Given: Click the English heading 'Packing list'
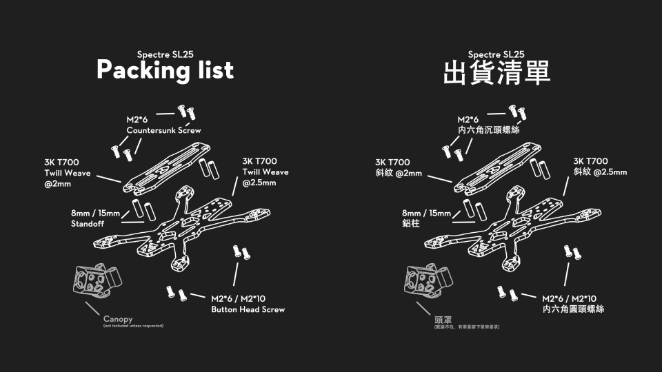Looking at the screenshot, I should coord(165,70).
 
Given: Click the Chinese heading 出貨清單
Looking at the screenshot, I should coord(496,72).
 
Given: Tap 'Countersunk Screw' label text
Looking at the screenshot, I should coord(164,131).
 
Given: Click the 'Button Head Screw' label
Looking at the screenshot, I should coord(248,310).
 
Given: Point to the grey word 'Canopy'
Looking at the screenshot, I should coord(118,319).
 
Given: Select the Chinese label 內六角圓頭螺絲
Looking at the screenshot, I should coord(574,310).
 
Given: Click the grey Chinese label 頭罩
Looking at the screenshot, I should coord(443,318).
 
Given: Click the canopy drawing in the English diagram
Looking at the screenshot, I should coord(96,280).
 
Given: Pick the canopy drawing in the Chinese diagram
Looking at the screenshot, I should coord(427,280).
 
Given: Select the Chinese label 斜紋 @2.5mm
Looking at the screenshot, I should coord(600,172).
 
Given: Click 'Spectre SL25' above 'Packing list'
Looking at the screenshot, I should coord(165,54).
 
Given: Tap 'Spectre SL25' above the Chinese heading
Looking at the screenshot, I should coord(496,54).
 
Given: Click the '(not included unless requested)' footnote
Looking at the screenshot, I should coord(133,326).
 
